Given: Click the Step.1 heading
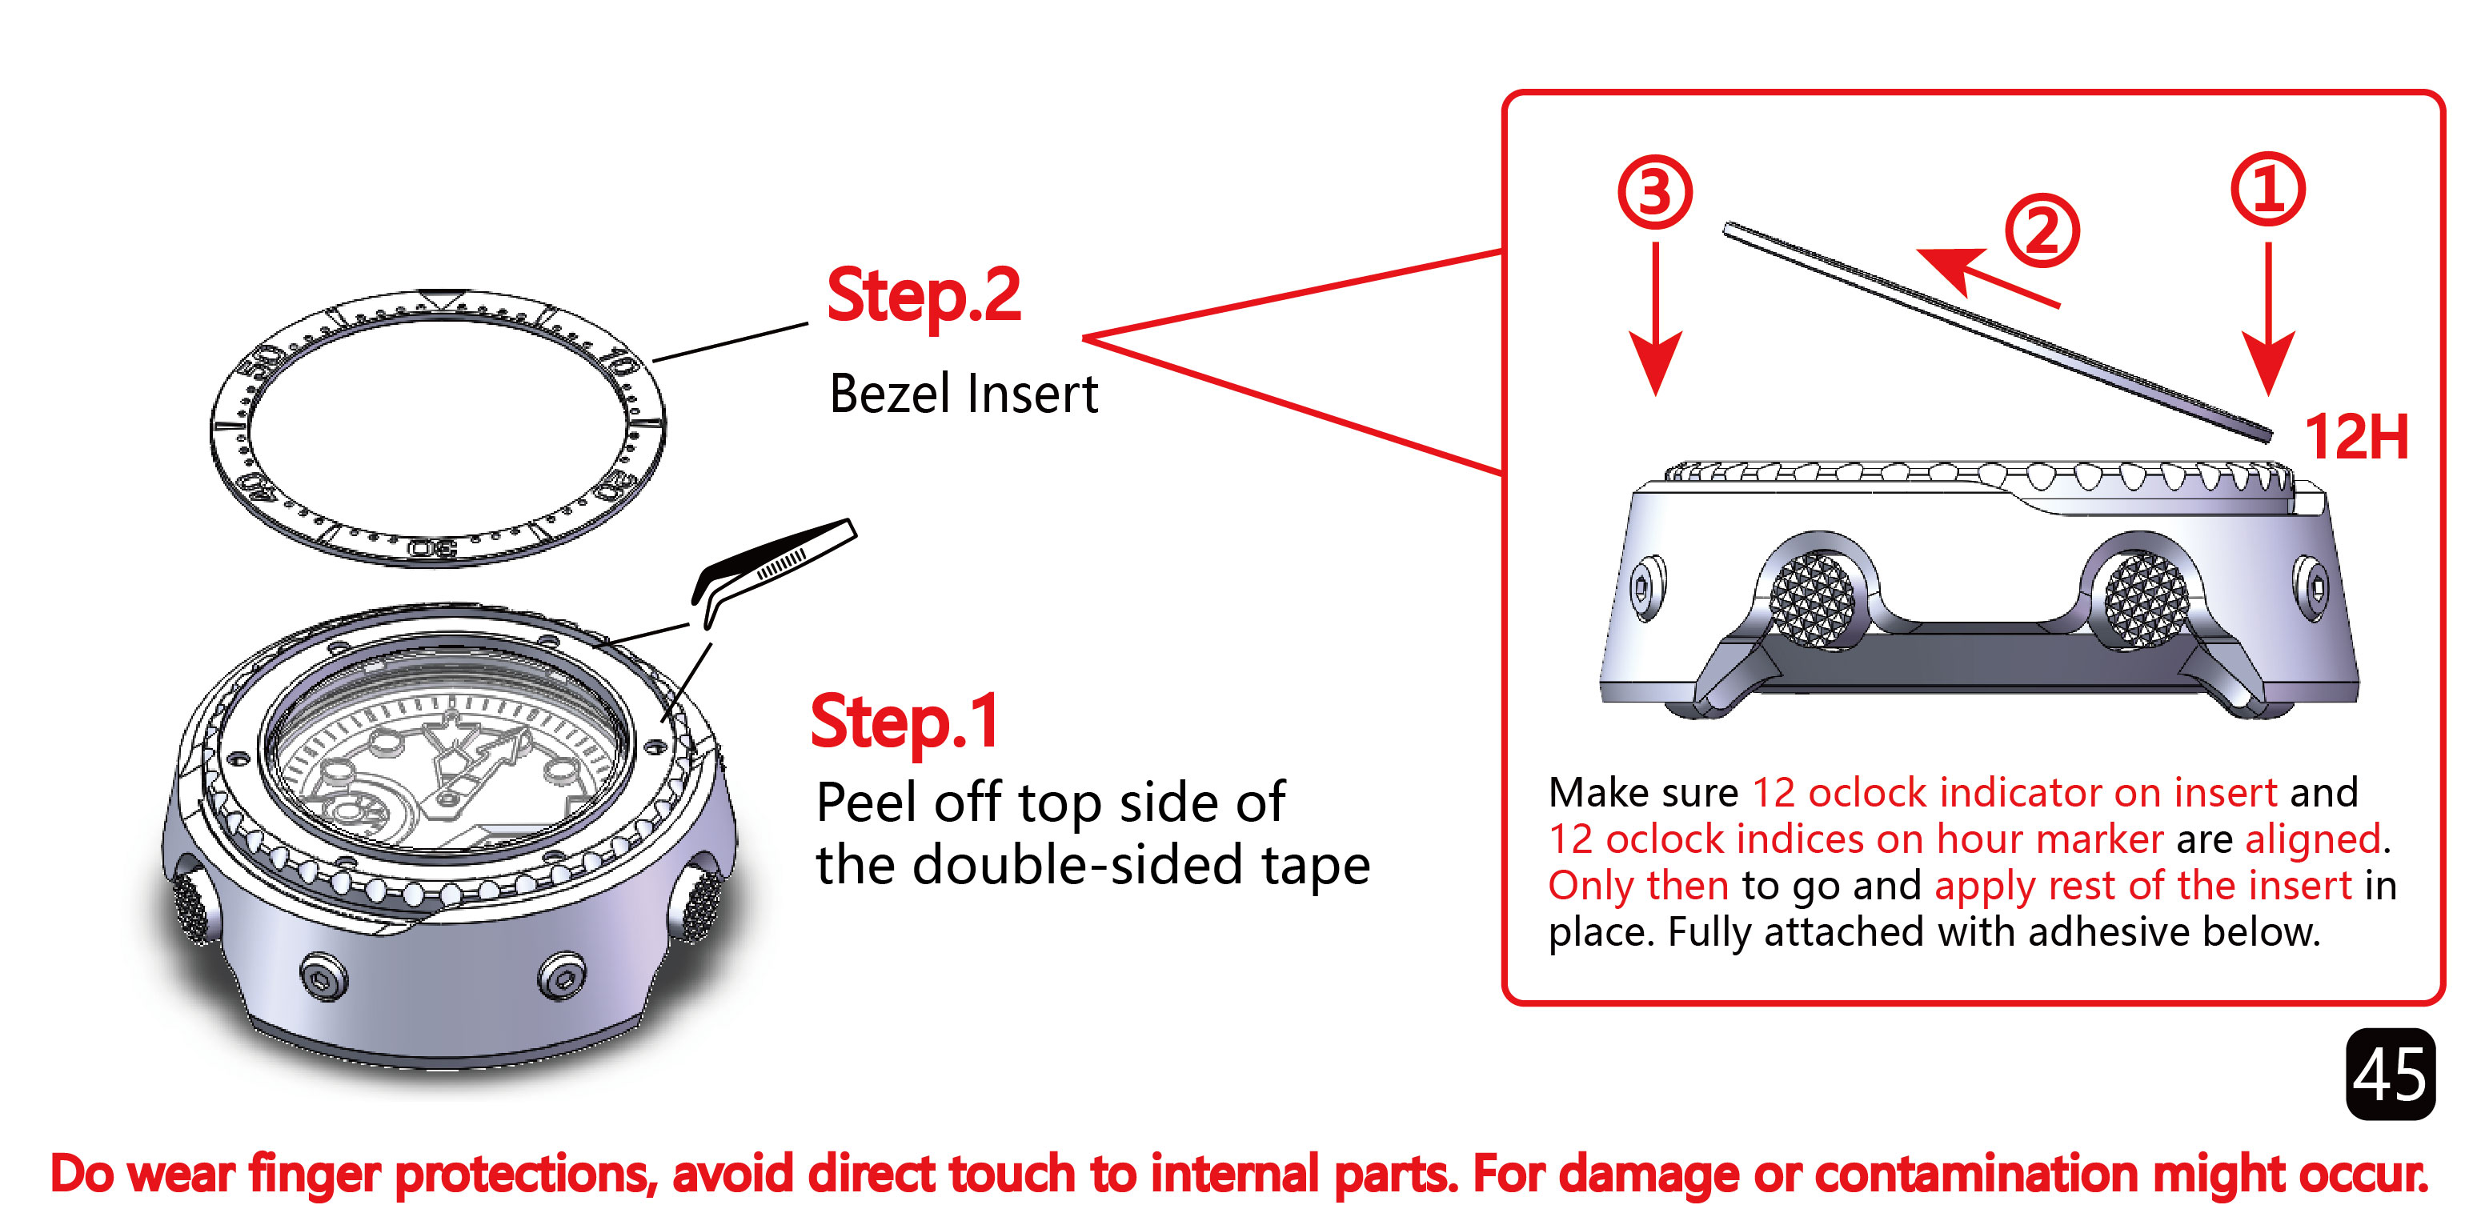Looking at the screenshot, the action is point(906,723).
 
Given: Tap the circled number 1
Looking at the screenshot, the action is point(2268,189).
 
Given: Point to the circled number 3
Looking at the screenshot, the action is point(1655,192).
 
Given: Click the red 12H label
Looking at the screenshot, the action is point(2357,438).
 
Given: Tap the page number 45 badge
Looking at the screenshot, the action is point(2391,1074).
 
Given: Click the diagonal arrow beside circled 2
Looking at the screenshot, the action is point(1987,278).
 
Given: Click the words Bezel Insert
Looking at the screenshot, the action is point(964,394).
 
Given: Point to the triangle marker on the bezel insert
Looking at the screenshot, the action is point(440,299).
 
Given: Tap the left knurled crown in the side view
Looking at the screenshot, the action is point(1813,598).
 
